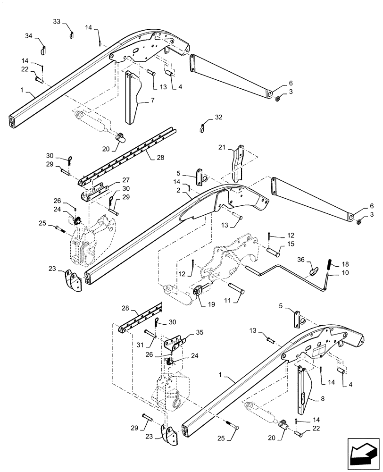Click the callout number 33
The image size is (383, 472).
coord(56,22)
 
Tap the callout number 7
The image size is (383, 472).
coord(152,100)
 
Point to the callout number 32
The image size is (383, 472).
coord(217,117)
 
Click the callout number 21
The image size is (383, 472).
coord(223,148)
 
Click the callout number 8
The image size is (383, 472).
coord(322,399)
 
